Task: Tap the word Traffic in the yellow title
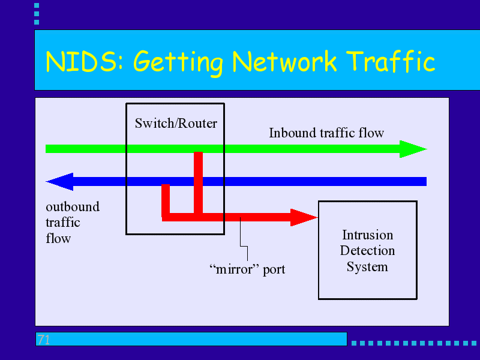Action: click(x=392, y=61)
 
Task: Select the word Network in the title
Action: click(x=284, y=61)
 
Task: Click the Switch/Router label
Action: click(x=176, y=124)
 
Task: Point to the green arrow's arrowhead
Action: click(x=413, y=149)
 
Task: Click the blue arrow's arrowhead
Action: click(x=59, y=182)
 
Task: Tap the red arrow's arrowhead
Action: click(x=304, y=217)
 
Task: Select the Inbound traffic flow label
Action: click(x=326, y=133)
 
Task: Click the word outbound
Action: click(x=73, y=206)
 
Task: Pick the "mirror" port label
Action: click(x=247, y=269)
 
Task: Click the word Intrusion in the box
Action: click(x=368, y=235)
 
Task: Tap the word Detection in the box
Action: click(x=367, y=251)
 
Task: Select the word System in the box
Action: click(x=367, y=266)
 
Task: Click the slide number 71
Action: click(x=43, y=340)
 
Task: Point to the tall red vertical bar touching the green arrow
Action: click(x=199, y=183)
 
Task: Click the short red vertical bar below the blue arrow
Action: click(x=166, y=200)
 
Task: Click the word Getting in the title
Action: click(x=178, y=62)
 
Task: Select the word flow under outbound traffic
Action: click(x=58, y=238)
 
